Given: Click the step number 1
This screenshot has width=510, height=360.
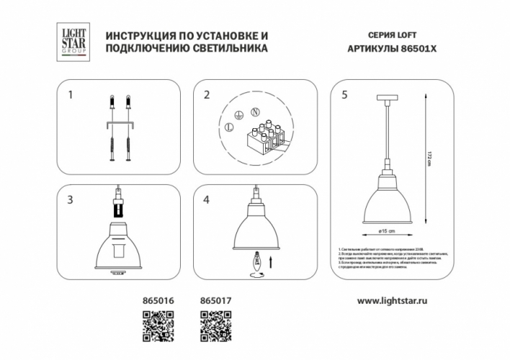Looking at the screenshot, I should point(70,95).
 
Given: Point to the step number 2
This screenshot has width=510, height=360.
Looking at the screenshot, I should point(206,95).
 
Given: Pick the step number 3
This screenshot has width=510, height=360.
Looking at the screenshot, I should point(70,199).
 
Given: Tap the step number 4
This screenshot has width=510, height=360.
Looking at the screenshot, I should point(206,199).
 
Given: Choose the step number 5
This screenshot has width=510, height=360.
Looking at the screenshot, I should point(344,95).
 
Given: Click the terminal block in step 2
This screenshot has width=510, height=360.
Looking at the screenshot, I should point(264,137).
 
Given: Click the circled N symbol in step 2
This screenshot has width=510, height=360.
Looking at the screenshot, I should point(254,112).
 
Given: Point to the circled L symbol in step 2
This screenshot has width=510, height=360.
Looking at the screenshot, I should point(228,127).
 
